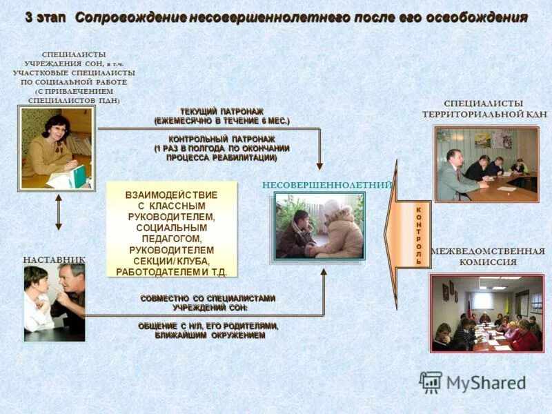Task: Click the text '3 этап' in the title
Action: (x=46, y=18)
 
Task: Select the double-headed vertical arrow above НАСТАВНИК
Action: (x=59, y=212)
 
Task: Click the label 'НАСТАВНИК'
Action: (x=55, y=259)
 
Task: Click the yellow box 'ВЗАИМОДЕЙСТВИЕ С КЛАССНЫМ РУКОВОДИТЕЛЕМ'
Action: (x=172, y=230)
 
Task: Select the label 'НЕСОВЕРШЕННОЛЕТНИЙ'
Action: (x=327, y=184)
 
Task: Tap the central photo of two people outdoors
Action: (x=319, y=226)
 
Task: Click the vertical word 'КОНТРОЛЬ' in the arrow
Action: (x=418, y=235)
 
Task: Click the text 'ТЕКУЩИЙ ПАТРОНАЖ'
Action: (x=221, y=111)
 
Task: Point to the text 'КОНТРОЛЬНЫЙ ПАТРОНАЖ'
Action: (x=221, y=139)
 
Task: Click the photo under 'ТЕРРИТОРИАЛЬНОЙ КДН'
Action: (x=486, y=164)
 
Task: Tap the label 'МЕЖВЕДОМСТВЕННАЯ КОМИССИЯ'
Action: (x=488, y=257)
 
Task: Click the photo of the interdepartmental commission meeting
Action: (x=486, y=313)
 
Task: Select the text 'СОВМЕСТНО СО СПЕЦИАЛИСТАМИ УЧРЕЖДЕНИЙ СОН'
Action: (x=208, y=303)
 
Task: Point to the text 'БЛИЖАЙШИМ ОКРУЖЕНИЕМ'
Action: (x=209, y=335)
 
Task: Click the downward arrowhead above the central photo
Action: (x=319, y=166)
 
